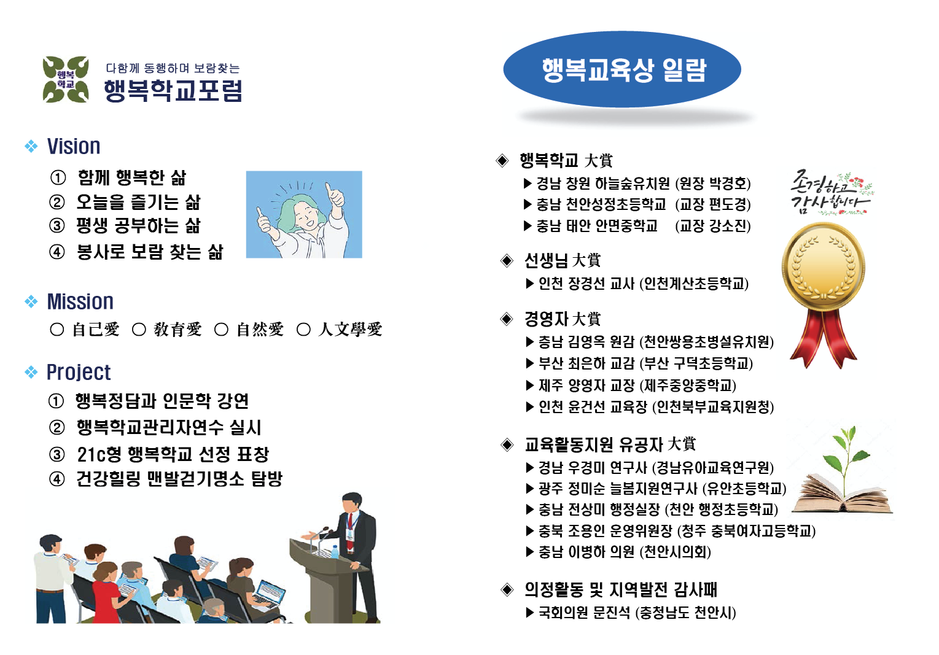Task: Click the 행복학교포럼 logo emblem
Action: coord(66,79)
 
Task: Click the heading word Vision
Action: coord(74,147)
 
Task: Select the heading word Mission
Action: coord(80,302)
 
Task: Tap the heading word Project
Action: coord(79,373)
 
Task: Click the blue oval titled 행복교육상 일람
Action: coord(622,70)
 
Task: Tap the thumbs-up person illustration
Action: coord(304,214)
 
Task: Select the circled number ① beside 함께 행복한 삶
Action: coord(58,178)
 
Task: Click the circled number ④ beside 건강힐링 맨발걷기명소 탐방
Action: coord(57,479)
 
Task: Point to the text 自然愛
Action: coord(260,330)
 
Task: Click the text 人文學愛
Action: coord(350,330)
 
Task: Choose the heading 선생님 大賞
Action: coord(562,261)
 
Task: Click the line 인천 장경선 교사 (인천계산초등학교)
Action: coord(643,284)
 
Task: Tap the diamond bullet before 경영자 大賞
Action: coord(507,319)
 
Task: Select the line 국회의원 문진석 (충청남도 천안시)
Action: coord(637,613)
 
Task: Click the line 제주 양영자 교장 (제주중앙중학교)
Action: coord(637,386)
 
